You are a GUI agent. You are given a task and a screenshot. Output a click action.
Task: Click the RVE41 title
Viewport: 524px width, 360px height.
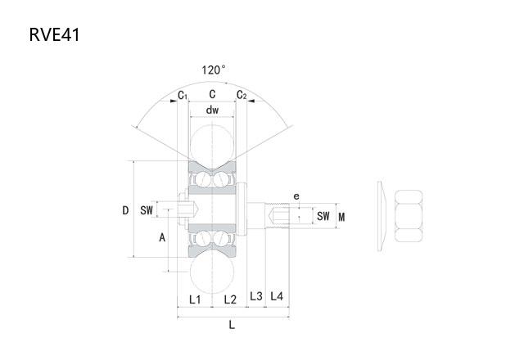click(x=55, y=34)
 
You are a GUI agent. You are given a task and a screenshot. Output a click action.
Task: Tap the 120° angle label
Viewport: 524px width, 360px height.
click(x=213, y=70)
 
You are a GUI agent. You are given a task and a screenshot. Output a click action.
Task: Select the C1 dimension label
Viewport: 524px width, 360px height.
click(x=183, y=96)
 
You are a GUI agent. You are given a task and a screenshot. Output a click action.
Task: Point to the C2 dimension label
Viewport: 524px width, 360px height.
click(x=242, y=95)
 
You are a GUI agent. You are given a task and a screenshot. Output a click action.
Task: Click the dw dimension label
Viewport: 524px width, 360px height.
click(x=212, y=110)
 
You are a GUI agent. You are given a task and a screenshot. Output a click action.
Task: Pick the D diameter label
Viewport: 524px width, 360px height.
click(x=125, y=210)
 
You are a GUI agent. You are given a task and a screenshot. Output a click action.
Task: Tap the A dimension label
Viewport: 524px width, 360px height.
click(x=162, y=237)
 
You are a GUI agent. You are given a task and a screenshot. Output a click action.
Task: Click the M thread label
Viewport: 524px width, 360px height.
click(x=341, y=217)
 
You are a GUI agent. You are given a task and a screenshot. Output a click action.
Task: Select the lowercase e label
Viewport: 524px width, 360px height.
click(x=296, y=196)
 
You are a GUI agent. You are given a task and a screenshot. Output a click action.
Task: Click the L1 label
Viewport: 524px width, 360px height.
click(x=195, y=299)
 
